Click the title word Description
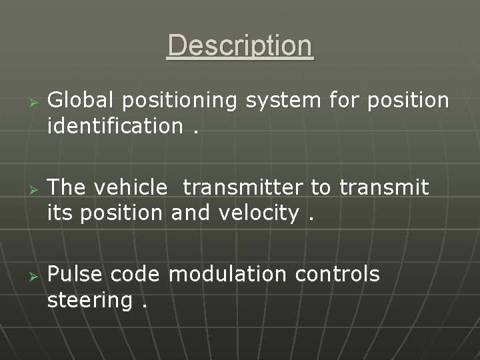click(x=240, y=45)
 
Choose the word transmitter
click(x=243, y=188)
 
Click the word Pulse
click(x=76, y=275)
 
